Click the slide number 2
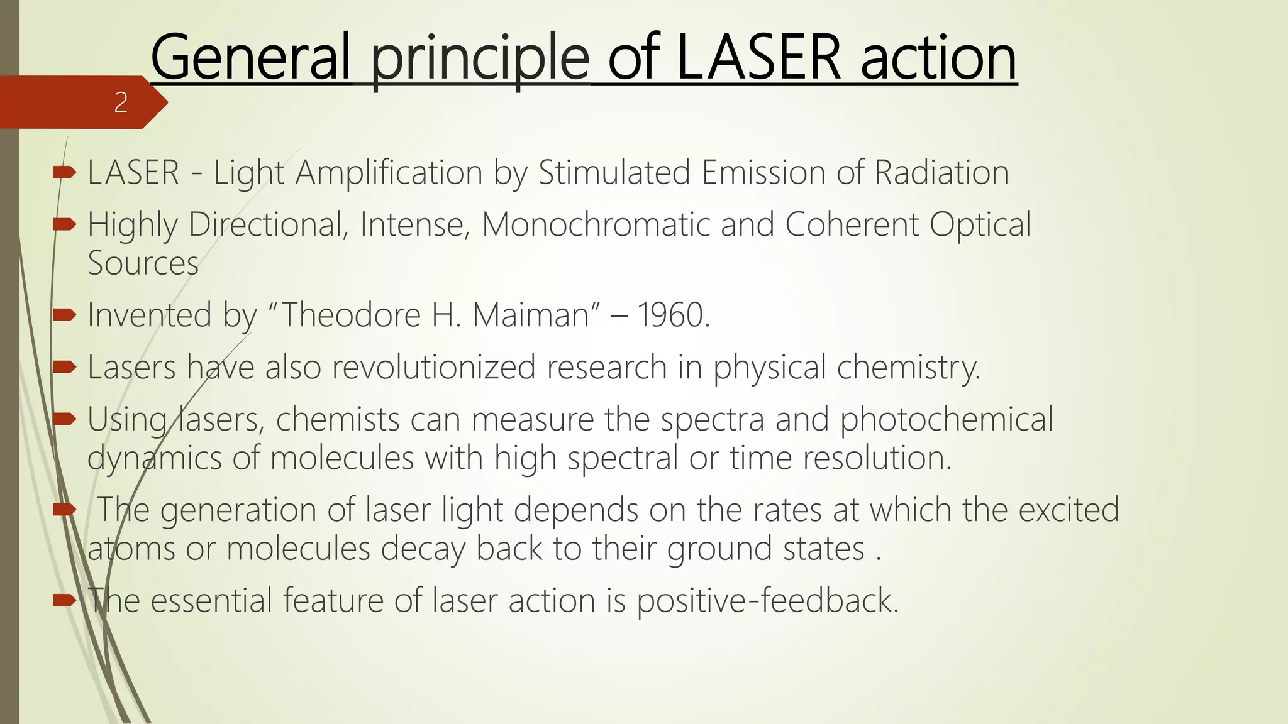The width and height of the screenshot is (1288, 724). coord(121,102)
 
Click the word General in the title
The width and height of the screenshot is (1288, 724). coord(250,58)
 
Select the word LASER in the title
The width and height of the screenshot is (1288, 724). coord(758,58)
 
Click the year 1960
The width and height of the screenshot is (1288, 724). coord(674,315)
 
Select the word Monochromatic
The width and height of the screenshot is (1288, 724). coord(595,224)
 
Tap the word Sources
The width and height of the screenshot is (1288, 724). coord(143,263)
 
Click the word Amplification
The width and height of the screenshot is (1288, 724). coord(389,172)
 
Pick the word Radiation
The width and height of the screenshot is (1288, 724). coord(941,172)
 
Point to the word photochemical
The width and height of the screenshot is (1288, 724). coord(947,419)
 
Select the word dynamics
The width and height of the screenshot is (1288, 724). coord(154,458)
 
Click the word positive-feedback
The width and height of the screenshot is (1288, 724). coord(767,600)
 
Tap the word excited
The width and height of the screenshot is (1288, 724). coord(1069,510)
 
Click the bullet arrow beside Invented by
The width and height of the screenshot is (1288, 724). coord(65,314)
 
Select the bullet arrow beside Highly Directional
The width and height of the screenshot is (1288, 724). coord(65,224)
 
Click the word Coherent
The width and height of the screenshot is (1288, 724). coord(852,224)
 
